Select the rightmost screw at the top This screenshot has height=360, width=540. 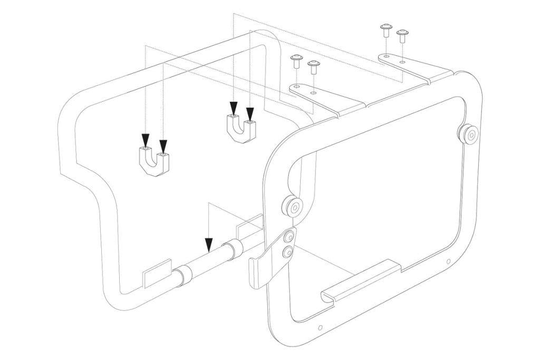pos(403,36)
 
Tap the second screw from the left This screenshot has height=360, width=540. pos(314,66)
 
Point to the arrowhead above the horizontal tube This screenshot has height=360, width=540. pos(209,244)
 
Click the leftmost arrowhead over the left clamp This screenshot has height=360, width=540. pos(145,140)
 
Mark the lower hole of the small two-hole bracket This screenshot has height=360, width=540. pos(287,253)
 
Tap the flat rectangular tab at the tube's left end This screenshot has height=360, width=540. pos(156,274)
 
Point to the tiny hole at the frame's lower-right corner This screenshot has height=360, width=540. pos(448,261)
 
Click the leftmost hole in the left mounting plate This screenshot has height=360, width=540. pos(297,85)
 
